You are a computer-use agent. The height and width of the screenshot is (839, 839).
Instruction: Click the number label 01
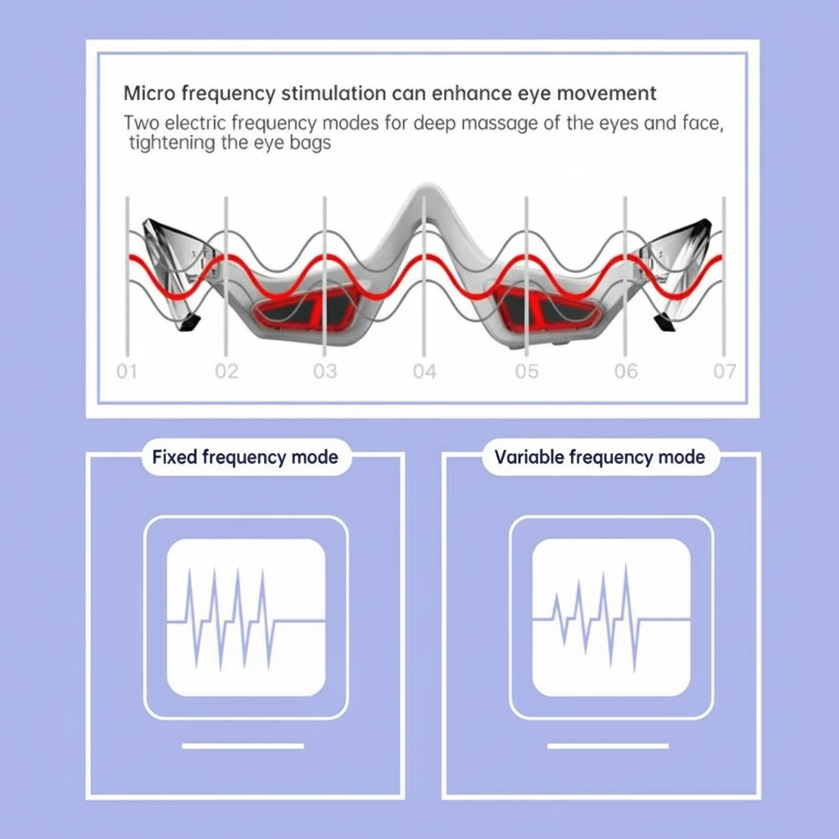click(127, 371)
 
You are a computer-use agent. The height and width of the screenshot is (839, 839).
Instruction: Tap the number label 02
click(226, 371)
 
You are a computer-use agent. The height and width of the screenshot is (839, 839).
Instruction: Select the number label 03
click(325, 371)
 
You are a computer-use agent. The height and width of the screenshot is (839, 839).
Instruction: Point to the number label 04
click(424, 371)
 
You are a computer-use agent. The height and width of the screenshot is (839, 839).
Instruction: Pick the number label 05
click(527, 371)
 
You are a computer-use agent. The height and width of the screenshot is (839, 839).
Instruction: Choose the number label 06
click(625, 371)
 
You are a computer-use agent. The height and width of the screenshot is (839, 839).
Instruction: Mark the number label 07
click(724, 371)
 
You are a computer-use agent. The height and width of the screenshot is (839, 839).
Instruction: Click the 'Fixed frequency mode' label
click(245, 457)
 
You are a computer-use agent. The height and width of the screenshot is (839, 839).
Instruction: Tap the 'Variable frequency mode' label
click(600, 457)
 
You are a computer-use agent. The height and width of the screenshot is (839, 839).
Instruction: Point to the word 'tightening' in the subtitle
click(171, 143)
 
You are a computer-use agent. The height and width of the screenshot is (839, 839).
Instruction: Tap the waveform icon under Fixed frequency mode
click(246, 618)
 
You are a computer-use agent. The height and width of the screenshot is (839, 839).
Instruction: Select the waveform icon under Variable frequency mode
click(611, 618)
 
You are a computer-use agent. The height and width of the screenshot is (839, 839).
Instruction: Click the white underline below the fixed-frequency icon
click(243, 746)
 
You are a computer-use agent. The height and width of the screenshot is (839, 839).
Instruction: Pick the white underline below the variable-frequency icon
click(608, 746)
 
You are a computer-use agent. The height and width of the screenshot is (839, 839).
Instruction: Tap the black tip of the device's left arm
click(188, 323)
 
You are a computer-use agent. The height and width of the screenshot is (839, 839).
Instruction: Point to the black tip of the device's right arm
click(665, 323)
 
